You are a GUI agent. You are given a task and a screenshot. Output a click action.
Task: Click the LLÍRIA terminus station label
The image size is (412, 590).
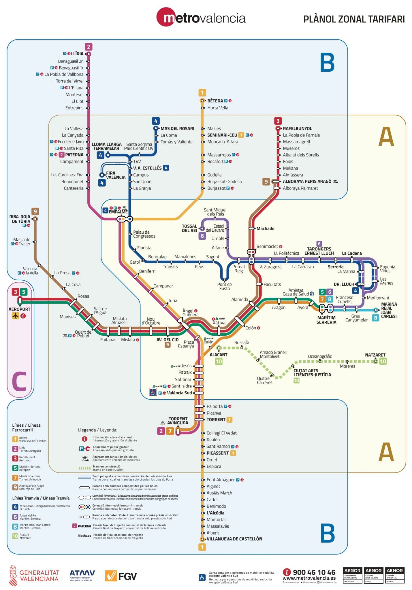(77, 54)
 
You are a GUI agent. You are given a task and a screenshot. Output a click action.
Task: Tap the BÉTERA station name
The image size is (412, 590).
(215, 101)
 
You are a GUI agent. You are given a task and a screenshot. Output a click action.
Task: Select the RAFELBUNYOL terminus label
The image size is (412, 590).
(297, 128)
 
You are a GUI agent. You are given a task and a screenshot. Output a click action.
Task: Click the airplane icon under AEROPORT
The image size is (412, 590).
(15, 316)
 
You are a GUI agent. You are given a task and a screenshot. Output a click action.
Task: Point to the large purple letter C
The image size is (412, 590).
(19, 381)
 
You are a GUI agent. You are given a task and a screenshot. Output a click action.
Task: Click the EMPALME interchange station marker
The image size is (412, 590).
(124, 219)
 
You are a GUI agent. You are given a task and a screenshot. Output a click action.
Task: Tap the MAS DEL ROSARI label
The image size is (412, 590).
(177, 128)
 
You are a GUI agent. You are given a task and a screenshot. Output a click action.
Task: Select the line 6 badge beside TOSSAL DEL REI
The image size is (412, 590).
(202, 236)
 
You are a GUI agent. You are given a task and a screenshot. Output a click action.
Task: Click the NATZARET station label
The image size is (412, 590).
(375, 355)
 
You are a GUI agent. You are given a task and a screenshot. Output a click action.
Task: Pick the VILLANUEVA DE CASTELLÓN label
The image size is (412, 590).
(234, 539)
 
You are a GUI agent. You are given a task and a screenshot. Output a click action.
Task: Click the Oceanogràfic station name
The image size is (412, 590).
(320, 356)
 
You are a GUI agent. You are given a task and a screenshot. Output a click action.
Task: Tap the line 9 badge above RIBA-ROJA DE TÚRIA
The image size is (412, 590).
(35, 211)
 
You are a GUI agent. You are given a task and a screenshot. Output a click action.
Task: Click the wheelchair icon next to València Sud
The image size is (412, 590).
(153, 392)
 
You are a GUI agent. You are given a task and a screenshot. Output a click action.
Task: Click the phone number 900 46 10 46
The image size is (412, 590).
(314, 572)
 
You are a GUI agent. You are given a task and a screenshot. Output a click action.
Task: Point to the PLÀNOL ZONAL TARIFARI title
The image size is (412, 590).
(354, 19)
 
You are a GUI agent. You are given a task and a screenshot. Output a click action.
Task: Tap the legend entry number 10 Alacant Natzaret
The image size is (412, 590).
(15, 536)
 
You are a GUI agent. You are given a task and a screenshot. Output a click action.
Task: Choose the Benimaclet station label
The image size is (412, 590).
(267, 247)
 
